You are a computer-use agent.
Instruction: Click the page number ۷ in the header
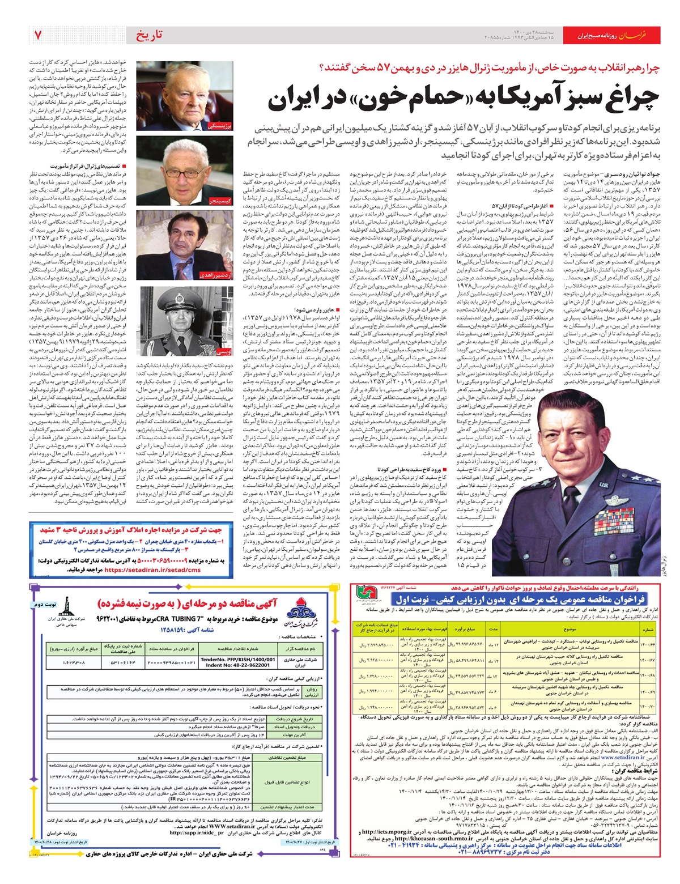tap(38, 35)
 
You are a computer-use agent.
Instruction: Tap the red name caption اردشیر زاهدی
tap(215, 275)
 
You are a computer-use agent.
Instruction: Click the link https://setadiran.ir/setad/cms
tap(152, 570)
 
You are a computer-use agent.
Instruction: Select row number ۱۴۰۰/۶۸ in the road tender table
tap(647, 675)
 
